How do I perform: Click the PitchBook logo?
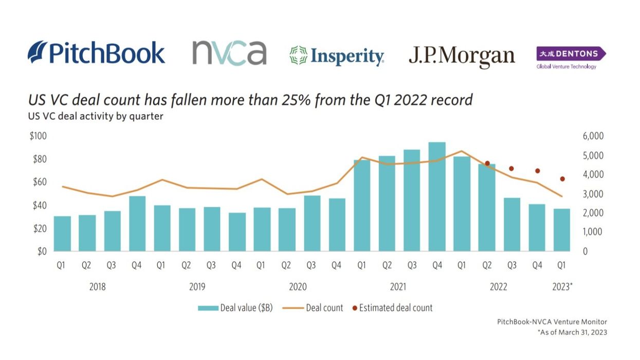(x=97, y=53)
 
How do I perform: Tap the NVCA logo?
(x=229, y=53)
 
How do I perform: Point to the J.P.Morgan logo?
(x=462, y=56)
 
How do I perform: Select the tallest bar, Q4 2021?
(x=437, y=196)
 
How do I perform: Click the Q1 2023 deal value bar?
(x=561, y=230)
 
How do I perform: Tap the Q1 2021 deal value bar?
(x=362, y=205)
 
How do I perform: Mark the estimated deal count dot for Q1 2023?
(x=562, y=179)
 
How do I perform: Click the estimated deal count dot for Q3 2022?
(x=511, y=169)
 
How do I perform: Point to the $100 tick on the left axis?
(x=39, y=136)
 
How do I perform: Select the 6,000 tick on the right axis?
(x=593, y=136)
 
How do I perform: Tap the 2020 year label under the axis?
(x=298, y=286)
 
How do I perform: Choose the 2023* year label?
(x=562, y=286)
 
